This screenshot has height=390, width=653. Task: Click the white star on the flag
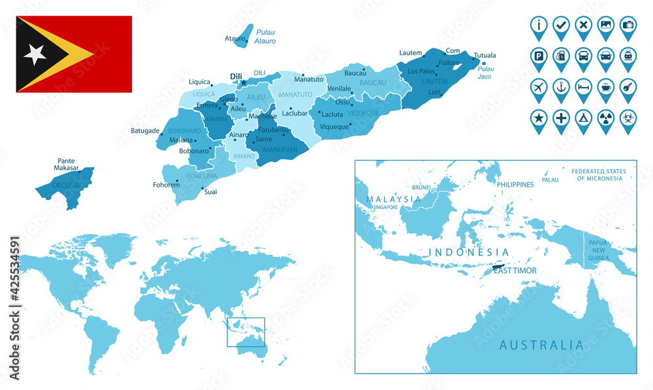point(35,54)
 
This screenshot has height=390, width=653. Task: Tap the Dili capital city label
point(236,76)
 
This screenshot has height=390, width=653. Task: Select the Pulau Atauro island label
point(266,37)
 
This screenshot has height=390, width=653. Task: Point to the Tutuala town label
point(485,56)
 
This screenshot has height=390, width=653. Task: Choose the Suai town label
point(211,192)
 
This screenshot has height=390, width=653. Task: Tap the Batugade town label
point(145,131)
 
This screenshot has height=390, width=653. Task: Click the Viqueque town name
point(335,127)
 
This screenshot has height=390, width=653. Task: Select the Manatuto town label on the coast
point(309,80)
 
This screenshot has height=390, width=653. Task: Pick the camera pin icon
point(628,25)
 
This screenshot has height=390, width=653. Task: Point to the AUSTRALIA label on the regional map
point(541,345)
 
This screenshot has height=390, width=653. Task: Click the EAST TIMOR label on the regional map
point(515,270)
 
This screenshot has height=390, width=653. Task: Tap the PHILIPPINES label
point(515,185)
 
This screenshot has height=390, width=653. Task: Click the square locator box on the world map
point(246,332)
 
